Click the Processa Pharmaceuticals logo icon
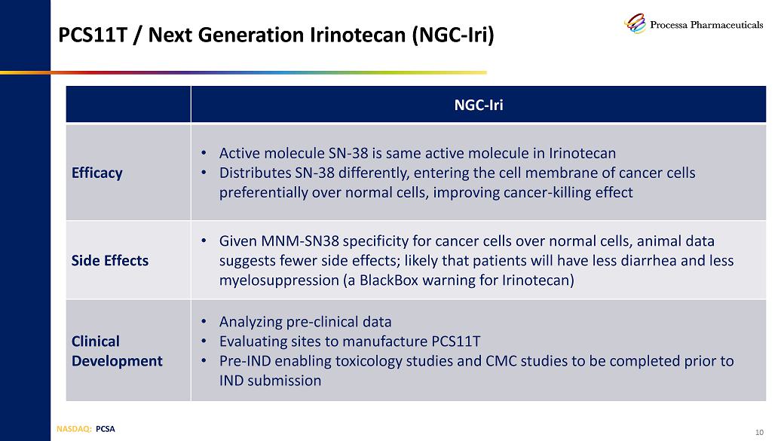635,23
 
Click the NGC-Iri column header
479,105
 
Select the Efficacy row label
97,173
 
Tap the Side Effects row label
110,261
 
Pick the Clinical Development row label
117,351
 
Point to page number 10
760,432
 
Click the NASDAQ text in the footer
74,429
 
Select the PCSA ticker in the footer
106,429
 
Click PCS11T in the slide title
93,35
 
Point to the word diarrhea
647,261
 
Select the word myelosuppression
279,280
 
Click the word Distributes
255,173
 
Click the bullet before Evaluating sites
204,341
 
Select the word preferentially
264,192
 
